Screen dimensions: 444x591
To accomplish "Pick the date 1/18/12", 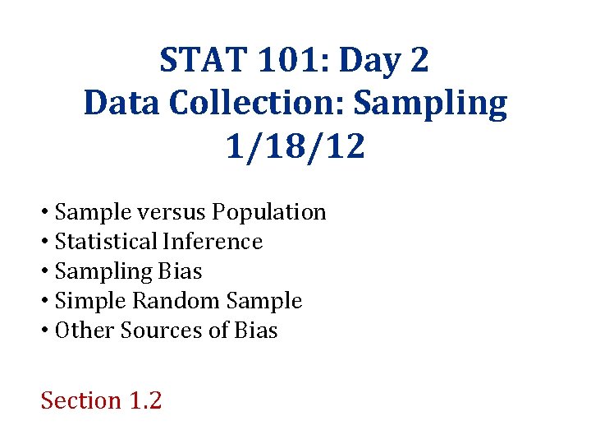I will (x=295, y=148).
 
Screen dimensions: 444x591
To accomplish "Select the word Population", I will (x=269, y=212).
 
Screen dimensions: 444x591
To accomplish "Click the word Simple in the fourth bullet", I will (x=89, y=301).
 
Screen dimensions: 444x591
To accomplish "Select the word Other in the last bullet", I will (x=85, y=331).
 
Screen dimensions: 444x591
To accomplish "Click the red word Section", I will (x=80, y=400).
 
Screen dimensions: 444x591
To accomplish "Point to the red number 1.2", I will (x=145, y=400).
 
